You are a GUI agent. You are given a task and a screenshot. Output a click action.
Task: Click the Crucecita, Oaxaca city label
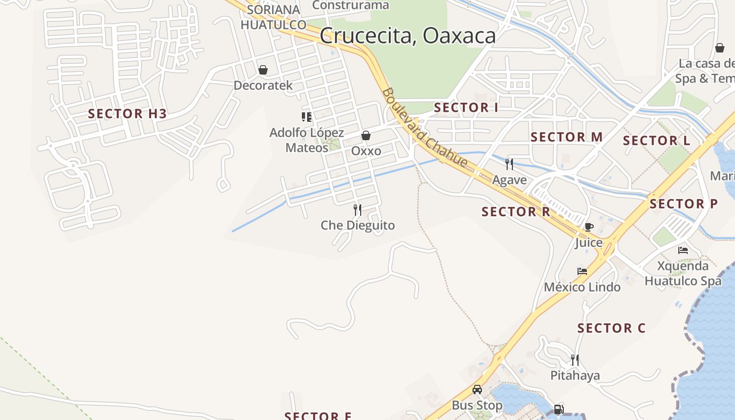click(407, 36)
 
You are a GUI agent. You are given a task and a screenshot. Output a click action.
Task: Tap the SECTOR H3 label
click(127, 113)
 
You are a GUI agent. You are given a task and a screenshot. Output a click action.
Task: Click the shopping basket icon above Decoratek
click(262, 70)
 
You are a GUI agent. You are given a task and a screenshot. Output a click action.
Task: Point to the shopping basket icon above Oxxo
click(366, 135)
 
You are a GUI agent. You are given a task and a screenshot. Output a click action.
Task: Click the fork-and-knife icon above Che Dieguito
click(358, 210)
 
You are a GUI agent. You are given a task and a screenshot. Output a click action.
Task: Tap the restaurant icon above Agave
click(509, 164)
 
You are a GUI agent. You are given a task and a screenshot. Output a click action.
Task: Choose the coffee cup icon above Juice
click(589, 227)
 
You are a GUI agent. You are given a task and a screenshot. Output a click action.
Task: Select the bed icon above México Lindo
click(582, 271)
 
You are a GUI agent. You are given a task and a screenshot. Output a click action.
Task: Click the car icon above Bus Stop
click(477, 390)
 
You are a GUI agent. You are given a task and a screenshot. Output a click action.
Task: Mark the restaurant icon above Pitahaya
click(575, 360)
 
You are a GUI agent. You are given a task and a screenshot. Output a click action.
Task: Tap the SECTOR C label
click(612, 328)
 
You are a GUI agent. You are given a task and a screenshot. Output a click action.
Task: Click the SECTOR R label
click(516, 212)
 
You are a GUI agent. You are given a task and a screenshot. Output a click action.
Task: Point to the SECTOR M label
click(566, 137)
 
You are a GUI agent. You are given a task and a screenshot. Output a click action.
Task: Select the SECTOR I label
click(466, 108)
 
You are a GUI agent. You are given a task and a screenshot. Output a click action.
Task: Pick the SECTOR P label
click(684, 204)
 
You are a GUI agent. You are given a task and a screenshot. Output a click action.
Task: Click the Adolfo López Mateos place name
click(307, 140)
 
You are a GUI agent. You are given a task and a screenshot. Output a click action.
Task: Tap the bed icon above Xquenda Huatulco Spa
click(683, 250)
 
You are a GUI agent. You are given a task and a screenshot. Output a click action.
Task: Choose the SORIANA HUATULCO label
click(273, 17)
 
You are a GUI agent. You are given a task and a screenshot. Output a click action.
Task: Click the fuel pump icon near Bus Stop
click(559, 409)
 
